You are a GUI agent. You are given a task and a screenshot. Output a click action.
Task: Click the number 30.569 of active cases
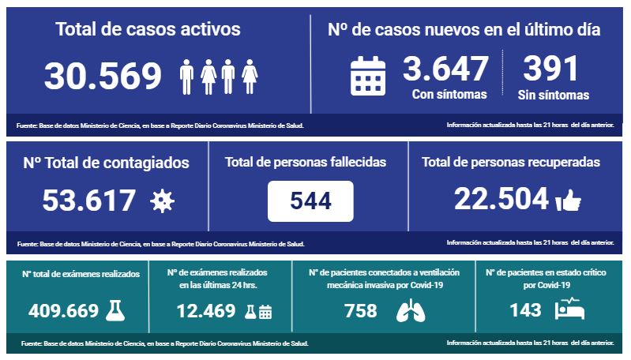pyautogui.click(x=103, y=76)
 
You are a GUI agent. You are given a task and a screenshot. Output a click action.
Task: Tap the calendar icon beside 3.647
pyautogui.click(x=367, y=76)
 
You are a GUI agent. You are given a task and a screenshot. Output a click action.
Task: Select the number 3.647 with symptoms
pyautogui.click(x=445, y=69)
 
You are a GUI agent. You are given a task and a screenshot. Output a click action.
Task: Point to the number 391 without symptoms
pyautogui.click(x=551, y=69)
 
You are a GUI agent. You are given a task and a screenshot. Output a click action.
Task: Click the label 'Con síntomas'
pyautogui.click(x=449, y=95)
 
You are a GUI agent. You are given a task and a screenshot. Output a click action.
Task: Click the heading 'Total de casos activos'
pyautogui.click(x=148, y=30)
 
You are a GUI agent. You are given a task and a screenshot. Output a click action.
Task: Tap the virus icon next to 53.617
pyautogui.click(x=162, y=201)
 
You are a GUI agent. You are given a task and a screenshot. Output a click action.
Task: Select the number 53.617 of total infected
pyautogui.click(x=88, y=201)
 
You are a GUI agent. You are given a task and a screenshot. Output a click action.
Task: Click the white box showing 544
pyautogui.click(x=310, y=201)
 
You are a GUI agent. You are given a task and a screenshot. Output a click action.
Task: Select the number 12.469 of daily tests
pyautogui.click(x=206, y=311)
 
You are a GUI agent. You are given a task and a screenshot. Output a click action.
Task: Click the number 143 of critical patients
pyautogui.click(x=525, y=310)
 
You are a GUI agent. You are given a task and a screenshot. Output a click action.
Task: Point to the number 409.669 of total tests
pyautogui.click(x=64, y=311)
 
